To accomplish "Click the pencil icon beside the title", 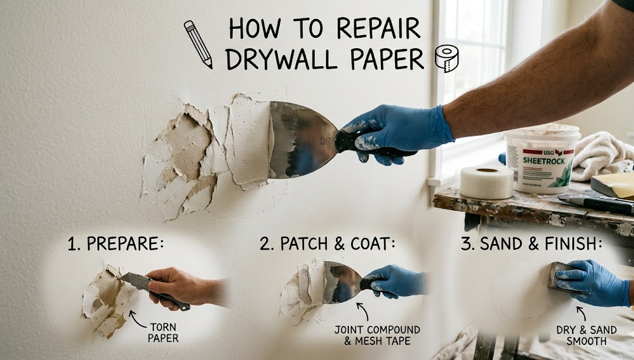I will pos(198,44).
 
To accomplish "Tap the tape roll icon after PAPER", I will pos(447,58).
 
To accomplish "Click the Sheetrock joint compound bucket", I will pos(541,159).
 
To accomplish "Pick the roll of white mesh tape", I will pos(486,182).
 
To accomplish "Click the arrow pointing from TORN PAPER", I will pos(136,317).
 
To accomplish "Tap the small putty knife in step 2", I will pos(340,282).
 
